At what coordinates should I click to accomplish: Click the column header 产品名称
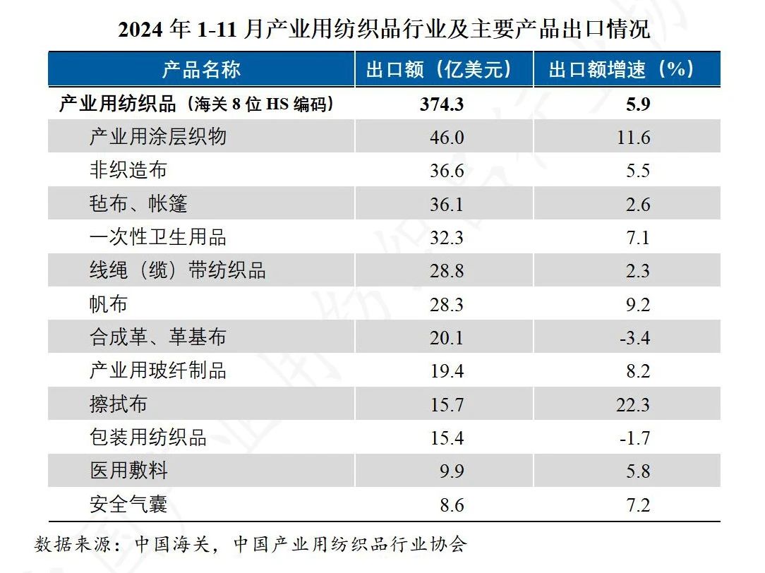201,69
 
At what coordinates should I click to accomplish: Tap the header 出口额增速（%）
622,69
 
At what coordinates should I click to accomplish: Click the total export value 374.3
442,104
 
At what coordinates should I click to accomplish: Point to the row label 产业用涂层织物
157,137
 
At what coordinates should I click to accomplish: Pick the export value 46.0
447,137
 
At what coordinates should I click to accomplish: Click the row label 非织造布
128,170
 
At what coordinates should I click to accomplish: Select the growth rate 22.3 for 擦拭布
633,404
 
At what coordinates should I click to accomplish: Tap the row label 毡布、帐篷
138,204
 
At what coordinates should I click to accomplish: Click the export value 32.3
447,237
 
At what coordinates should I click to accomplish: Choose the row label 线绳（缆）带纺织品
177,270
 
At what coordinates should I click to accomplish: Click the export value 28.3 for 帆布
447,304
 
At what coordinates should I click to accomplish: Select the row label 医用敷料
128,471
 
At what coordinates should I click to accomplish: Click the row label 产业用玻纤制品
157,370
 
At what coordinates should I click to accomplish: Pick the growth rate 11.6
633,137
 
